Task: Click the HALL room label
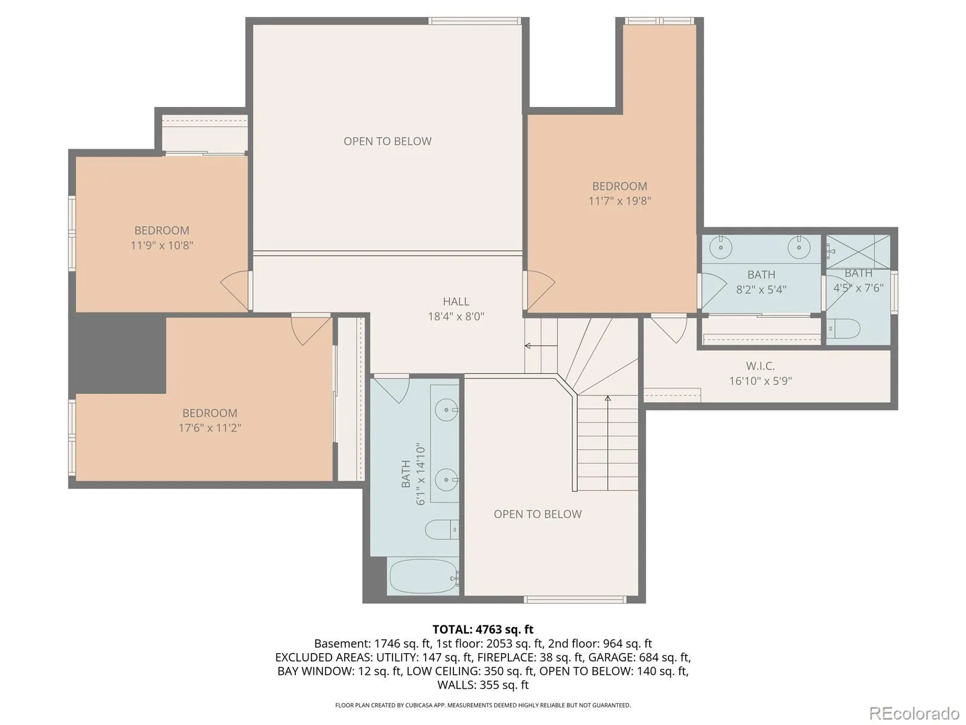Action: tap(455, 301)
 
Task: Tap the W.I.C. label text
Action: tap(760, 366)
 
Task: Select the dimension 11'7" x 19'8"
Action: tap(619, 201)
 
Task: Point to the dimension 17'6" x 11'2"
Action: tap(210, 428)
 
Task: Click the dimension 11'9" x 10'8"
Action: tap(162, 245)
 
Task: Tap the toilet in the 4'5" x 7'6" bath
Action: tap(843, 329)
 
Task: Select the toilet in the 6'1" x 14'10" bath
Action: tap(442, 529)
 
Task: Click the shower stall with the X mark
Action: tap(858, 251)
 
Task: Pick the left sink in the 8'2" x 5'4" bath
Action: tap(721, 247)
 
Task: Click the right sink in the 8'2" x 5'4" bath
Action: tap(799, 247)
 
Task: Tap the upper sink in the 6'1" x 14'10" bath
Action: tap(446, 410)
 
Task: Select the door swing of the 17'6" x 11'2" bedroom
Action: tap(311, 329)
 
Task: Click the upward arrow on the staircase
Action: tap(608, 443)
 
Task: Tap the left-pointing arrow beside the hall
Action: tap(541, 346)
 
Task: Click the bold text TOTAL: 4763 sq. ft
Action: tap(483, 629)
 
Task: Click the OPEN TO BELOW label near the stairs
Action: tap(537, 514)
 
